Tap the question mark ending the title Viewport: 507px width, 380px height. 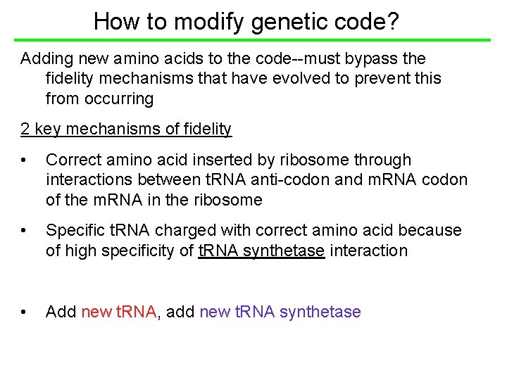pyautogui.click(x=393, y=21)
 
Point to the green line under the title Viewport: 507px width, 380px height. pyautogui.click(x=254, y=40)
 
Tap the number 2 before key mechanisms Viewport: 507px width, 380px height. pyautogui.click(x=25, y=129)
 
